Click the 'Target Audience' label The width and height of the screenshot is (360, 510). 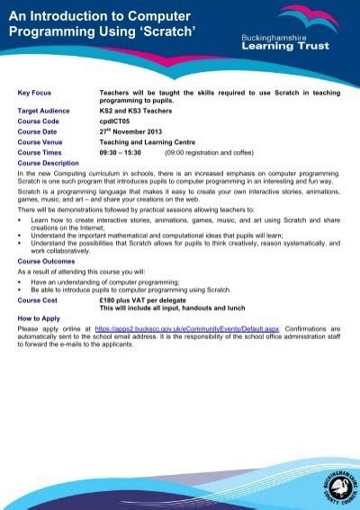pos(44,112)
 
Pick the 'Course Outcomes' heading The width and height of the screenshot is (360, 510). pos(46,261)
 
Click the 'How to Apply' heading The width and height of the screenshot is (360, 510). pos(39,319)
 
